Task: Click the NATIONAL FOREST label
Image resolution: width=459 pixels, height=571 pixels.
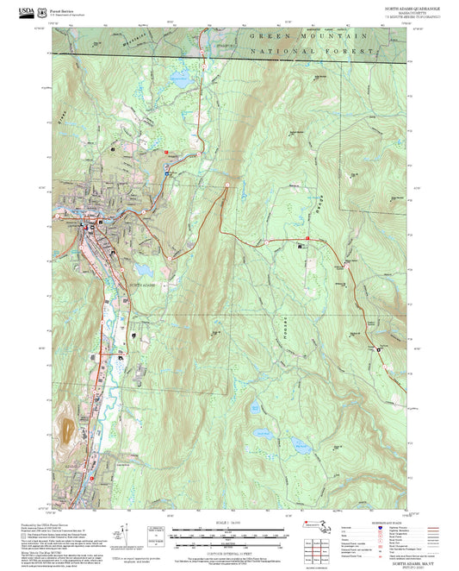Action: coord(312,53)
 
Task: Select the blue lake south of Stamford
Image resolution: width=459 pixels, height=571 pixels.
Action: coord(181,81)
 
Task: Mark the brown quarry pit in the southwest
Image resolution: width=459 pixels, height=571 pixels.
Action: coord(67,428)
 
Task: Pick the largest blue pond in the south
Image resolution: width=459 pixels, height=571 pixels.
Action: coord(301,445)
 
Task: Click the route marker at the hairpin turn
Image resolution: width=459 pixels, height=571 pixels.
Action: coord(226,185)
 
